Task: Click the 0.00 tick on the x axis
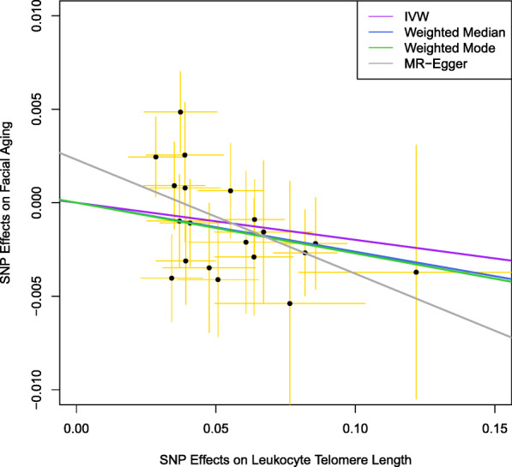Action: click(x=76, y=421)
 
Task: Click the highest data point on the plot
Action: click(x=180, y=112)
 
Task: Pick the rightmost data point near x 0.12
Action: click(x=416, y=272)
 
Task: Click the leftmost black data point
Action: click(x=155, y=157)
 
